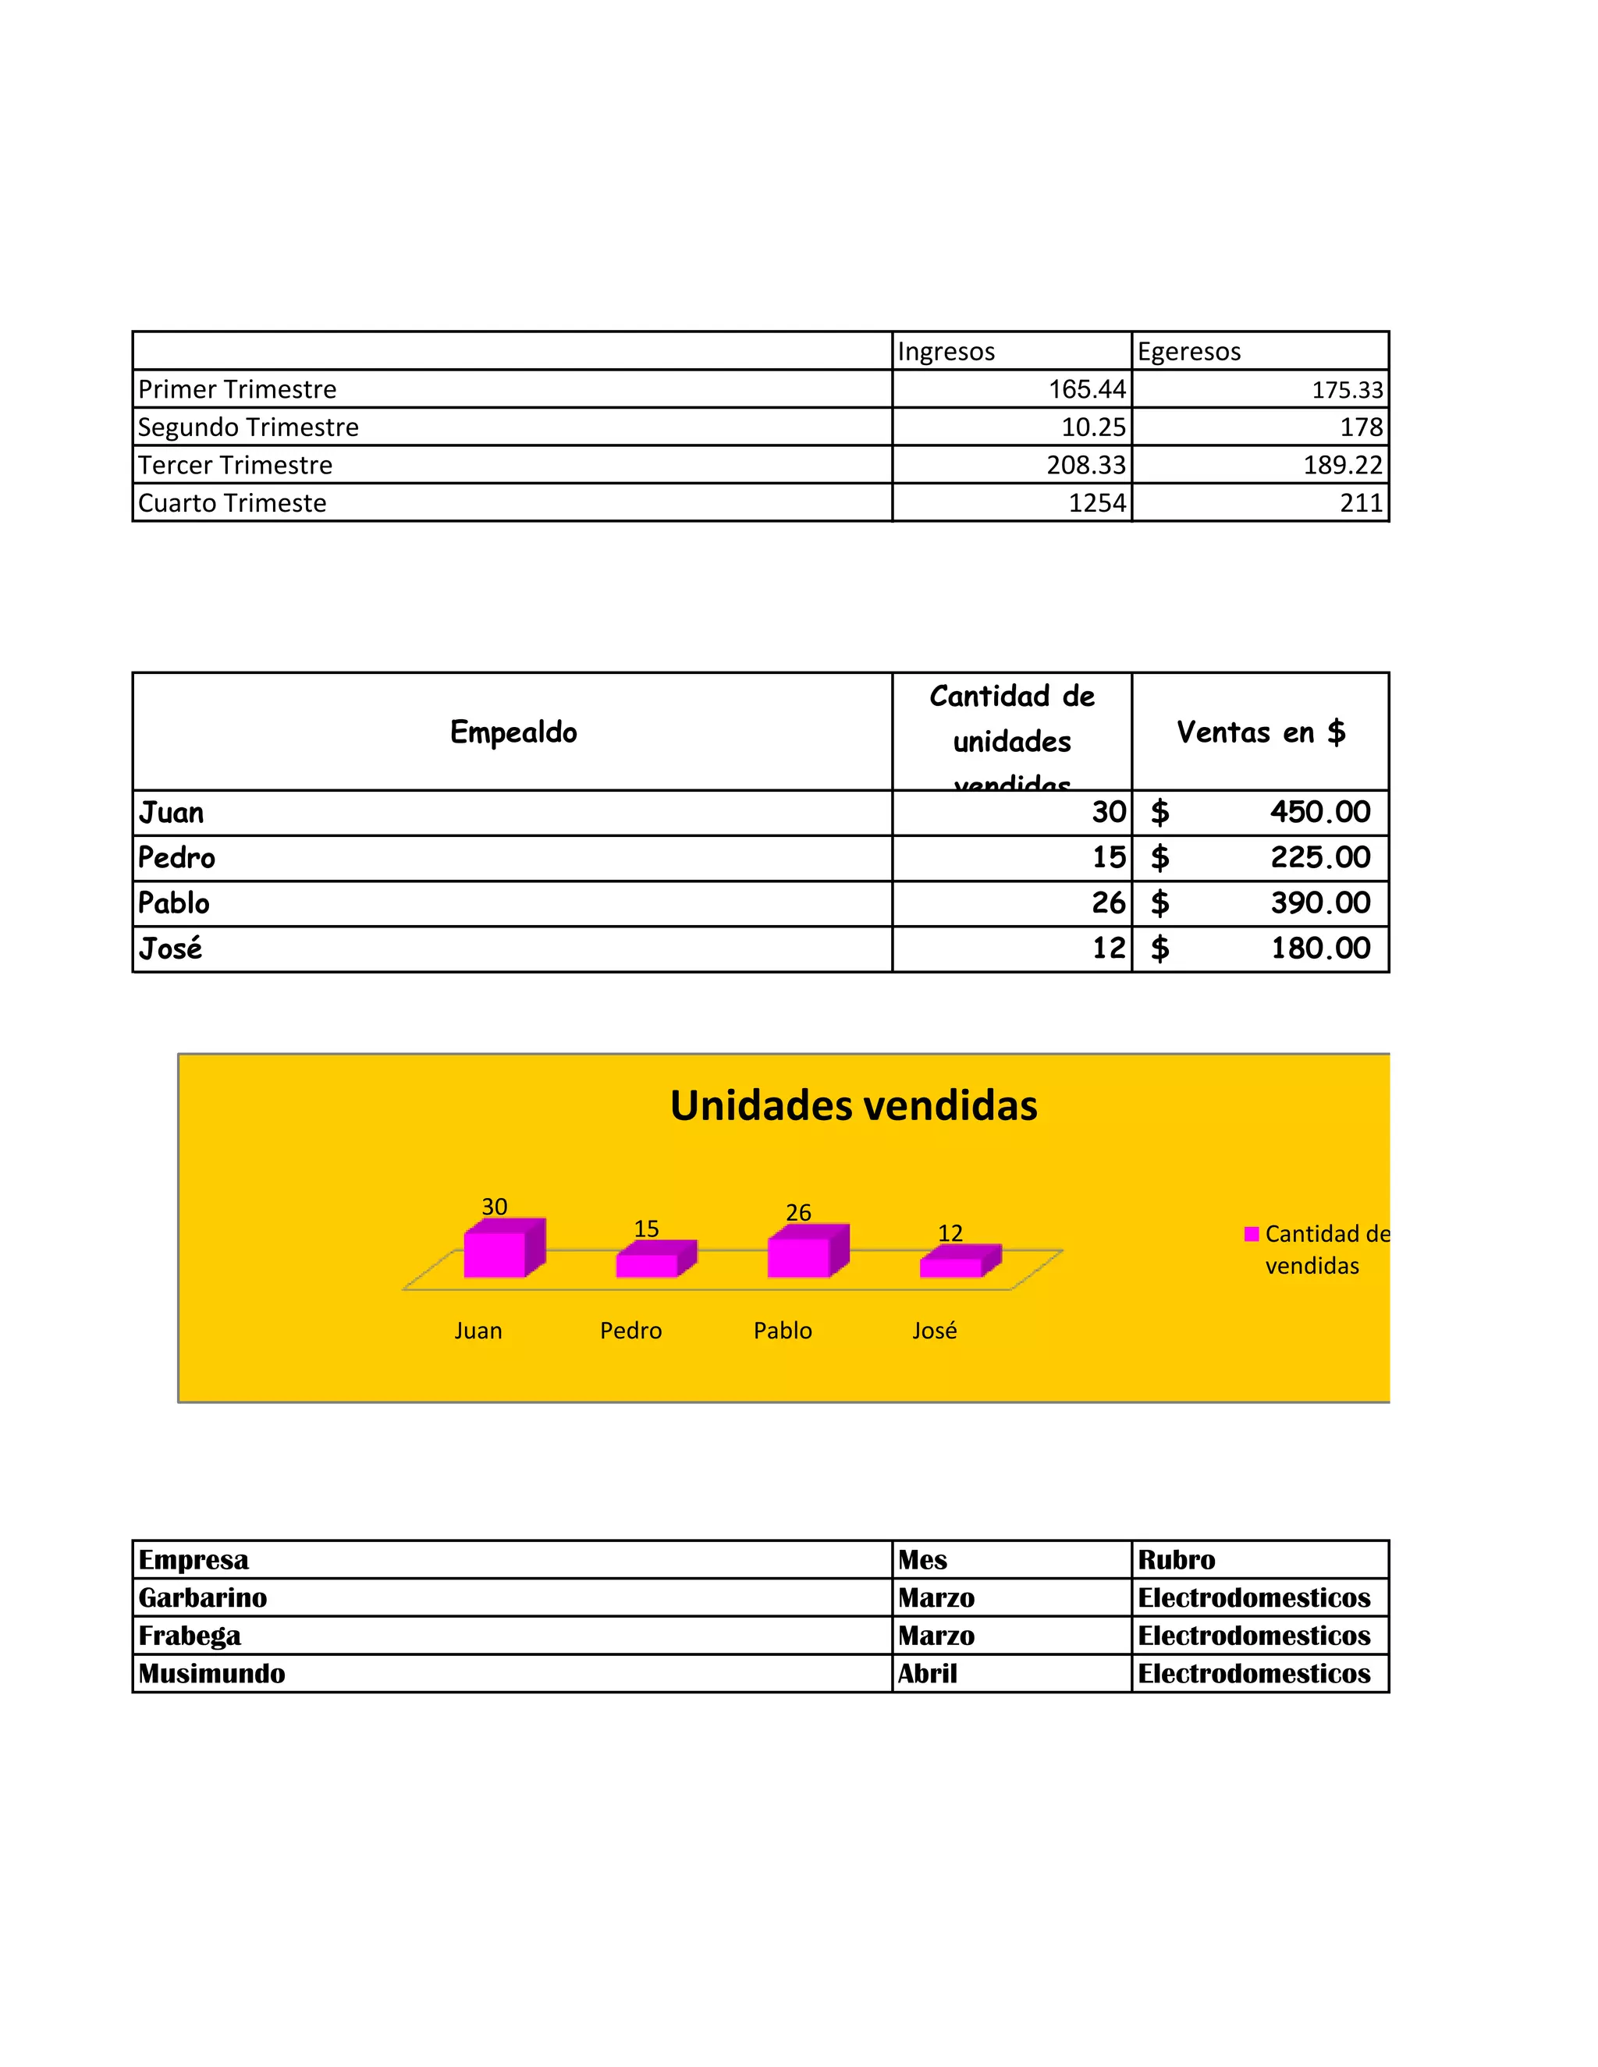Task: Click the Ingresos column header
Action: (946, 352)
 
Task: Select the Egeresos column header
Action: (1188, 352)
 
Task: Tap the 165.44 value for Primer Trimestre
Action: (1087, 389)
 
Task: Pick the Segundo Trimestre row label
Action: (248, 427)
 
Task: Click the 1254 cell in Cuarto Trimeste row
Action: (1097, 502)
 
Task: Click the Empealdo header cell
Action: (513, 732)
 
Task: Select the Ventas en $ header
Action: (1260, 732)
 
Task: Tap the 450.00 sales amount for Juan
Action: (1319, 812)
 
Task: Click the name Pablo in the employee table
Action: (173, 903)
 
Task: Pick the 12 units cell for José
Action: (1109, 948)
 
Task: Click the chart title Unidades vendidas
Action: (853, 1105)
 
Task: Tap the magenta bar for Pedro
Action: (648, 1264)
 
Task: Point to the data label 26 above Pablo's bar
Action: (798, 1212)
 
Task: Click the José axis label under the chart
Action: (934, 1331)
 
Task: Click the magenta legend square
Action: (1252, 1234)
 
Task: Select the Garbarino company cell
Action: (203, 1597)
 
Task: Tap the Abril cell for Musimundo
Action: (928, 1673)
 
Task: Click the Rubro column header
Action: (1176, 1560)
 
